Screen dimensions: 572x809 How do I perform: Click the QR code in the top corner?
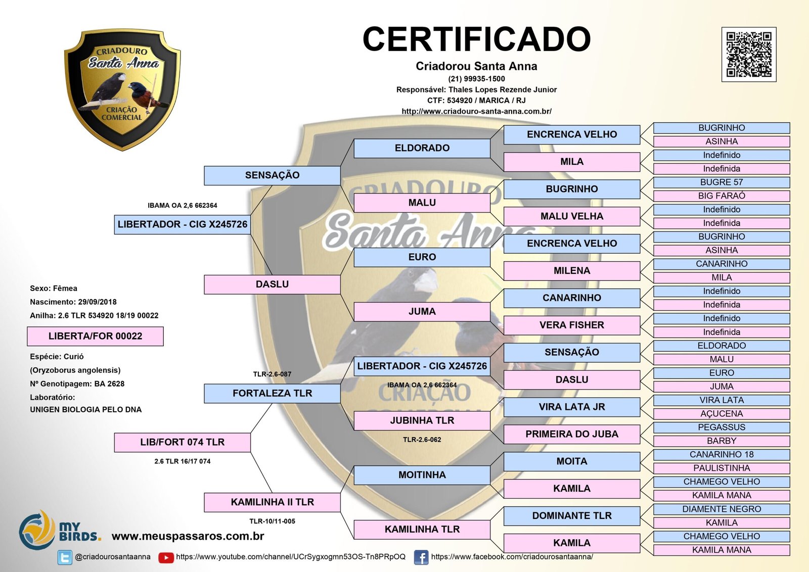pos(748,55)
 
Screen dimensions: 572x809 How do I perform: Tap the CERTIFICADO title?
pos(476,39)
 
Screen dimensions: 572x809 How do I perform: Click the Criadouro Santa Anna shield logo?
pos(122,89)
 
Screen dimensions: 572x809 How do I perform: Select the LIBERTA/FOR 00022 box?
pos(95,336)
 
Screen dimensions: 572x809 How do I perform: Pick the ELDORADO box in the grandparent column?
pos(422,148)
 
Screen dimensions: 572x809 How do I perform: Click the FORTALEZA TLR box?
pos(272,393)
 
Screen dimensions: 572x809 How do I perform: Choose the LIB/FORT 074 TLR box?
pos(182,442)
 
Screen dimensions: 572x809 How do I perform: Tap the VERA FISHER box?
pos(571,325)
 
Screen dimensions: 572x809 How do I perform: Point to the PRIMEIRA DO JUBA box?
pos(571,434)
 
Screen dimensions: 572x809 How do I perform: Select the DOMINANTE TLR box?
pos(571,516)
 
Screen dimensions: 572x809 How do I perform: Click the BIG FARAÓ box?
pos(721,196)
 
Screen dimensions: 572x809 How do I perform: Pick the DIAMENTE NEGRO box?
pos(721,509)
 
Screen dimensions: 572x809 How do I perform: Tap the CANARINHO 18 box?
pos(721,454)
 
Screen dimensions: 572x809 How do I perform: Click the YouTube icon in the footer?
pos(166,557)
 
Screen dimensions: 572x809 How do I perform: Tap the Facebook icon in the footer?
pos(421,557)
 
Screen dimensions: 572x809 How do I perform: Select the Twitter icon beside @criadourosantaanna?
pos(65,557)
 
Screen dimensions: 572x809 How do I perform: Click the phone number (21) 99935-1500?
pos(476,79)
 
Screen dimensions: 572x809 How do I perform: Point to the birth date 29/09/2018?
pos(97,302)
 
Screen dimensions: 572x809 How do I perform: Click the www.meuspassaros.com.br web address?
pos(188,536)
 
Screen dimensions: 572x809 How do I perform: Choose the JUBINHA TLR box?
pos(422,420)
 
